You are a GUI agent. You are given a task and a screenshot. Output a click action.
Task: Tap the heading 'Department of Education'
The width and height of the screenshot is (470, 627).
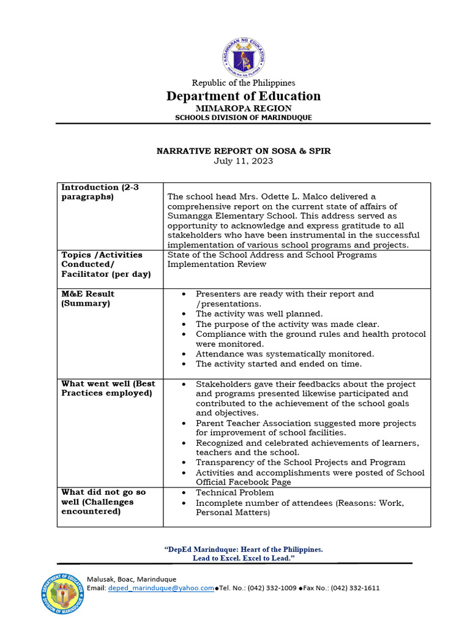pos(244,96)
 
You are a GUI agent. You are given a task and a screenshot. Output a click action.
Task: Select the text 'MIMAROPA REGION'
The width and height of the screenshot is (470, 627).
pos(244,108)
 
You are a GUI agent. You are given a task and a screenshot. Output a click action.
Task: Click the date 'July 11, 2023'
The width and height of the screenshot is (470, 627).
pos(244,161)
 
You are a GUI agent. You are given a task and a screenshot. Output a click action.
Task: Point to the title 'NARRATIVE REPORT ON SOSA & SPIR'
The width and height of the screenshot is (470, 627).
pos(244,151)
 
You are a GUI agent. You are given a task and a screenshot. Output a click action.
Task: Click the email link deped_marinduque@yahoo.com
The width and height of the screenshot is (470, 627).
pos(161,588)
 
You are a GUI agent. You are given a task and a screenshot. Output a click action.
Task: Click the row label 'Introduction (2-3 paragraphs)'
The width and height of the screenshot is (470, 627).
pos(100,192)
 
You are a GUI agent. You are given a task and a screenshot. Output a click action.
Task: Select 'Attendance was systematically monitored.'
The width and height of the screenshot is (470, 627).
pos(285,354)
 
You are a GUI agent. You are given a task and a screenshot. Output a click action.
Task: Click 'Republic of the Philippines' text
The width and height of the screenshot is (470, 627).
pos(244,83)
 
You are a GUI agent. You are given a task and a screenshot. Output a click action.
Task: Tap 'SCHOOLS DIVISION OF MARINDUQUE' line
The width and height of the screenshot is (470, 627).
pos(244,118)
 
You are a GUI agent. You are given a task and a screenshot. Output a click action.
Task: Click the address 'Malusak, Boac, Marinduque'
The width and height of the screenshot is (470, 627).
pos(132,579)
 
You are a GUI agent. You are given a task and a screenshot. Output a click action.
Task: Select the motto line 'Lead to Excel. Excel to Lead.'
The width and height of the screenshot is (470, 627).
pos(244,560)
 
